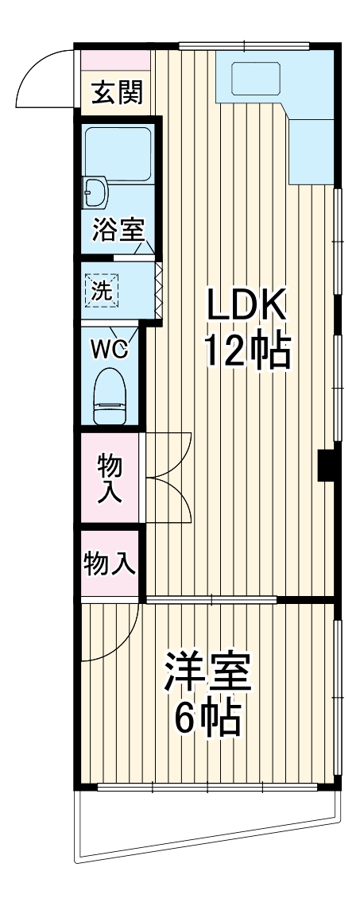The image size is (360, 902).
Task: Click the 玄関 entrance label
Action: (x=118, y=92)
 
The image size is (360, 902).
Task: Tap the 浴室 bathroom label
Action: (x=118, y=230)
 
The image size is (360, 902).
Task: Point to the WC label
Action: (x=112, y=349)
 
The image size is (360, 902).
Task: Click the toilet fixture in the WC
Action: (x=110, y=397)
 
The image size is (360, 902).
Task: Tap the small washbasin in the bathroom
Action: (x=95, y=192)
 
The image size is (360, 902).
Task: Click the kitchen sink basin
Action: (x=256, y=78)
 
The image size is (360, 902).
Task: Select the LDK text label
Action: (x=246, y=305)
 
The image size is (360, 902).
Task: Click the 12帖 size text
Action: (x=248, y=351)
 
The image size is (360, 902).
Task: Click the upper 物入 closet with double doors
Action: (x=109, y=478)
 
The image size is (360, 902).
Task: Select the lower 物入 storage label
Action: (x=109, y=563)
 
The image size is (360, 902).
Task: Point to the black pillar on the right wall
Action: (x=327, y=464)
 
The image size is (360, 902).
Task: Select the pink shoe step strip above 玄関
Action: (x=115, y=60)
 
